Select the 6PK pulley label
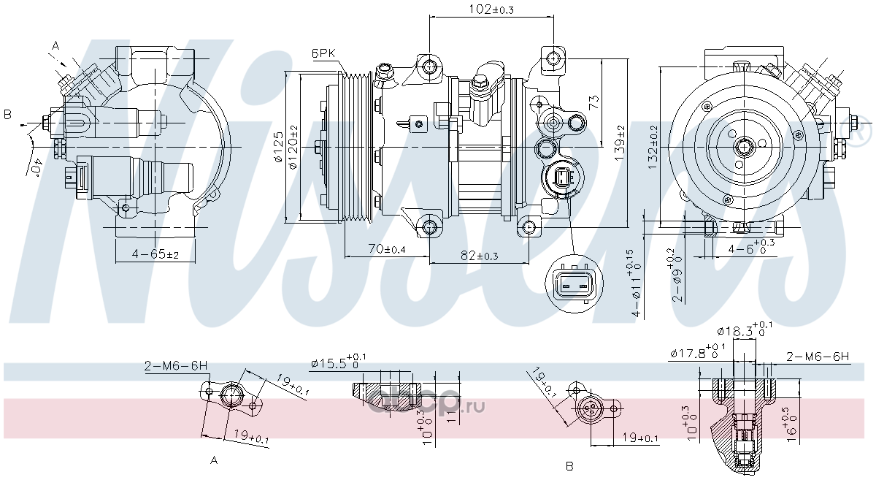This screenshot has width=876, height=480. point(323,53)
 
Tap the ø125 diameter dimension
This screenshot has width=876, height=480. point(278,148)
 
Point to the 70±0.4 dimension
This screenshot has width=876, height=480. point(387,249)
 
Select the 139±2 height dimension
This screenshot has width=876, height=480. point(620,144)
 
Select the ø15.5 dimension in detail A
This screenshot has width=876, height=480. point(339,363)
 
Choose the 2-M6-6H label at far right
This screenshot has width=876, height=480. point(818,357)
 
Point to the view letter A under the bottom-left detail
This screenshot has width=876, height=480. point(214,461)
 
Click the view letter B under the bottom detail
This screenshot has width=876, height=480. point(569,465)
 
